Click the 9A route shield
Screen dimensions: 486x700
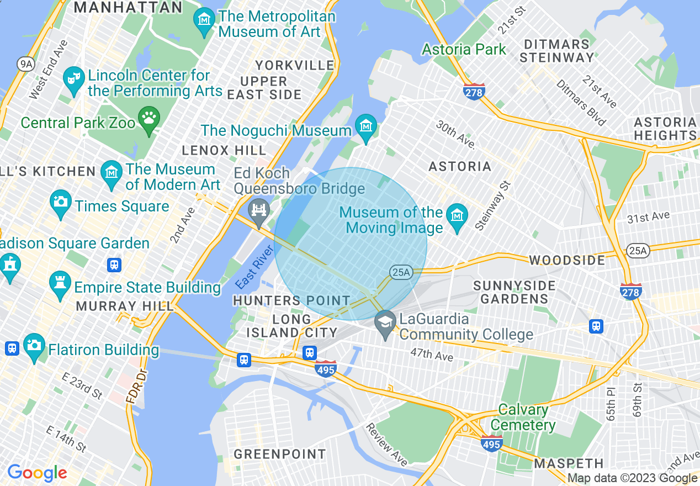click(x=25, y=65)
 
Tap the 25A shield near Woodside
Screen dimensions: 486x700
click(x=638, y=251)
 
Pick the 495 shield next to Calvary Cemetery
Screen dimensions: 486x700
click(x=491, y=443)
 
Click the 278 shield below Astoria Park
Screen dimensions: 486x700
click(x=474, y=91)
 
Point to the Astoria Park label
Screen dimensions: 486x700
click(x=464, y=50)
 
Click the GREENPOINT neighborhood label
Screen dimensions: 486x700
click(x=279, y=455)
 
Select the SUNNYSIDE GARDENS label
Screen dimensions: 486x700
click(x=514, y=292)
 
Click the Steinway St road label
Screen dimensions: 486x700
click(x=492, y=205)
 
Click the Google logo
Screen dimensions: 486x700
click(x=37, y=473)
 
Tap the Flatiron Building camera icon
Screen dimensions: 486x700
click(x=34, y=347)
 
